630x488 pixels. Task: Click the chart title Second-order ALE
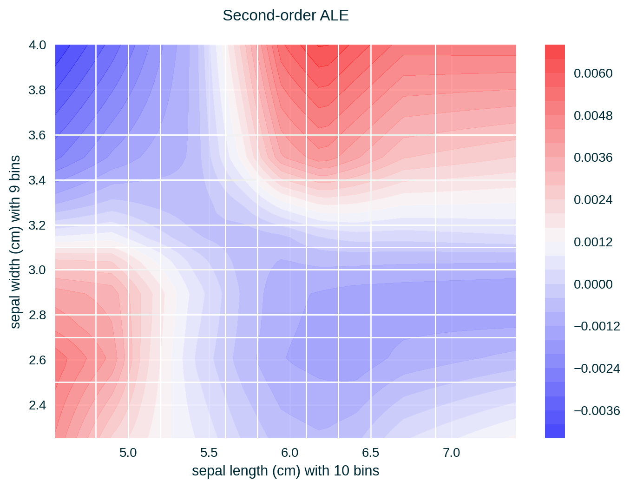(x=285, y=16)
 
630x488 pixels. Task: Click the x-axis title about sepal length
(x=285, y=471)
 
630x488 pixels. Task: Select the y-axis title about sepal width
(x=15, y=242)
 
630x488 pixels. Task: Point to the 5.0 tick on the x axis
(x=128, y=453)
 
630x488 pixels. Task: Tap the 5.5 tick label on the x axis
(x=209, y=453)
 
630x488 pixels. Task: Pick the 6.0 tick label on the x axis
(x=289, y=453)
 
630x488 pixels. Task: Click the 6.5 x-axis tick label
(x=370, y=453)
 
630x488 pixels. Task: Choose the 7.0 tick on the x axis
(x=451, y=453)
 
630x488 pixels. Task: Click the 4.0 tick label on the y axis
(x=37, y=45)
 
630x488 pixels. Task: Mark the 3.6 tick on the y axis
(x=37, y=135)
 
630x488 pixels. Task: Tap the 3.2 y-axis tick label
(x=37, y=225)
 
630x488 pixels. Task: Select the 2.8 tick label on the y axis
(x=37, y=316)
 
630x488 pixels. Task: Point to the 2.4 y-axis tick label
(x=37, y=406)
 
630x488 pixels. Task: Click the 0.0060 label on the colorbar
(x=593, y=73)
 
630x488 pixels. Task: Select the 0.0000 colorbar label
(x=593, y=284)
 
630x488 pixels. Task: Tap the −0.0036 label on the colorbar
(x=597, y=411)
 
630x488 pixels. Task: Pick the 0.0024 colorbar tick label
(x=593, y=200)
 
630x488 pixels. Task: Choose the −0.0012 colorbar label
(x=597, y=326)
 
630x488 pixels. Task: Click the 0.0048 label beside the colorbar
(x=593, y=116)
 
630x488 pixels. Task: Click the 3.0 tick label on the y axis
(x=37, y=270)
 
